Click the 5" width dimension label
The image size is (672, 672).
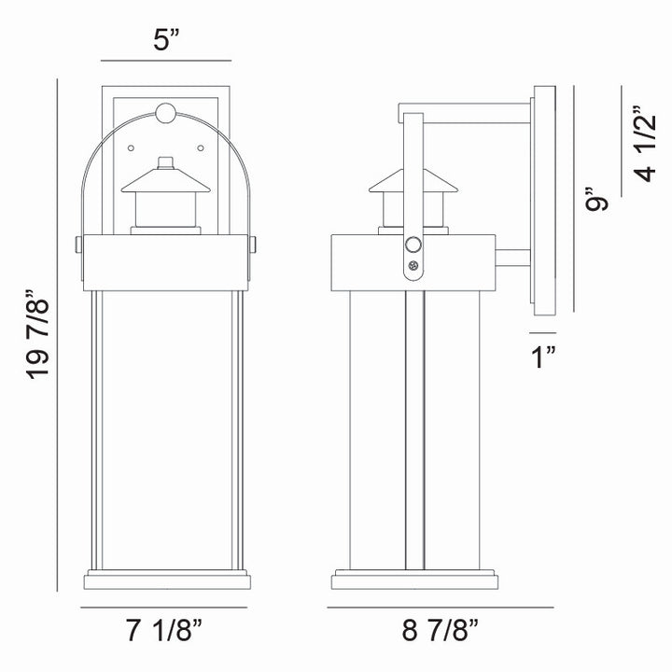[165, 40]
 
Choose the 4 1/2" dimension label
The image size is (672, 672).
[644, 141]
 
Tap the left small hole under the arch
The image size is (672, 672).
[131, 145]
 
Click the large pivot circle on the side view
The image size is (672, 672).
[413, 246]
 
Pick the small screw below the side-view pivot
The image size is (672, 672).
[413, 267]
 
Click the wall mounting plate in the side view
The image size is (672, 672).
[543, 205]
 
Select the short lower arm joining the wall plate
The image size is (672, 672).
[512, 258]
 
